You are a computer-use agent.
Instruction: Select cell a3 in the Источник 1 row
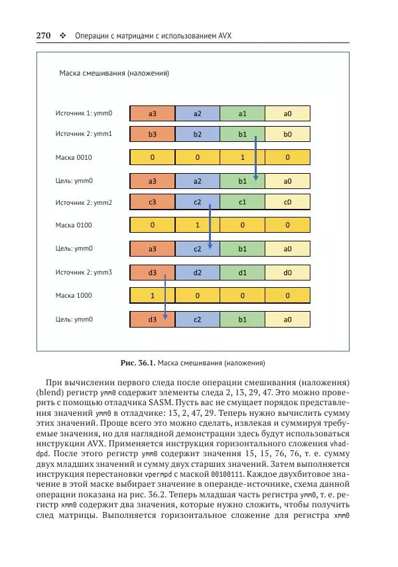point(152,113)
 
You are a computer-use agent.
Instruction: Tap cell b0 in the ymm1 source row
point(287,134)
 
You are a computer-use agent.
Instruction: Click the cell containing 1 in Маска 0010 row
point(242,158)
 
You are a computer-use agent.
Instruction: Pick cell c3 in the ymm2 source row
point(152,202)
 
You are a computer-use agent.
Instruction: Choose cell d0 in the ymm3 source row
point(287,272)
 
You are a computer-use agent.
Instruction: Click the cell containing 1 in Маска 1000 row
point(152,296)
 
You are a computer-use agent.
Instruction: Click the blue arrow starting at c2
point(210,225)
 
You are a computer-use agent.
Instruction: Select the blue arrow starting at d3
point(165,296)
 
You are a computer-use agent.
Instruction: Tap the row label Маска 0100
point(74,225)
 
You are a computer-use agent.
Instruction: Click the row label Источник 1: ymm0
point(84,113)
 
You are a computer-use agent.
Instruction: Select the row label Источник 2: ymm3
point(84,272)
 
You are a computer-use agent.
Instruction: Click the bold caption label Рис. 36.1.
point(137,363)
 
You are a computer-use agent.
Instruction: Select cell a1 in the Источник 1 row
point(242,113)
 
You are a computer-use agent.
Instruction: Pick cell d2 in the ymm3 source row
point(197,272)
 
